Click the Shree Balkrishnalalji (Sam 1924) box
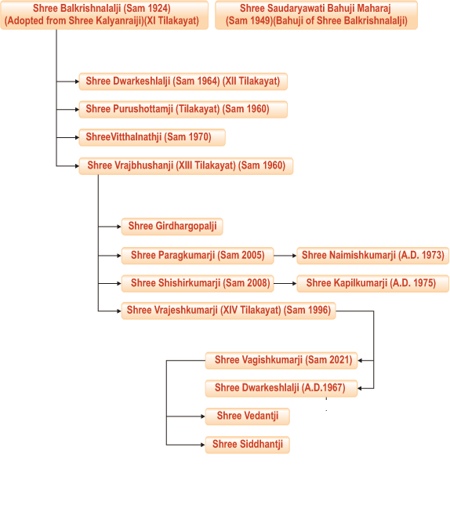click(104, 15)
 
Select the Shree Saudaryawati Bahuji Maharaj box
click(316, 15)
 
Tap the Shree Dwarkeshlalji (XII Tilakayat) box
click(183, 82)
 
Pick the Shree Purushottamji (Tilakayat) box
click(183, 109)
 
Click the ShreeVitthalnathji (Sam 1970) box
click(152, 137)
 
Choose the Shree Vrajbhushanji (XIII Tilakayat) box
click(186, 165)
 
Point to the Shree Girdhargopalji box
click(172, 227)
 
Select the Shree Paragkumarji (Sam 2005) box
click(198, 256)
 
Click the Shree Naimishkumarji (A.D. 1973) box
click(372, 256)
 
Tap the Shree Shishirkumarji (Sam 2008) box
click(198, 283)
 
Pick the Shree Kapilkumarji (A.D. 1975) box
click(372, 283)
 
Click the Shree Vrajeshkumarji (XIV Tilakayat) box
click(229, 311)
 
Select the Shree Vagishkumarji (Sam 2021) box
click(281, 361)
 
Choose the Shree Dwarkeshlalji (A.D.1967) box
click(281, 388)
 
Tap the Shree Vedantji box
click(248, 416)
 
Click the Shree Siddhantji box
click(248, 445)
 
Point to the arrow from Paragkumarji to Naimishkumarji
click(285, 256)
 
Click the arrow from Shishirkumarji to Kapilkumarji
click(285, 283)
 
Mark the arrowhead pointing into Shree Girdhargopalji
click(119, 227)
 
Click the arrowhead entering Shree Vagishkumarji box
click(360, 361)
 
